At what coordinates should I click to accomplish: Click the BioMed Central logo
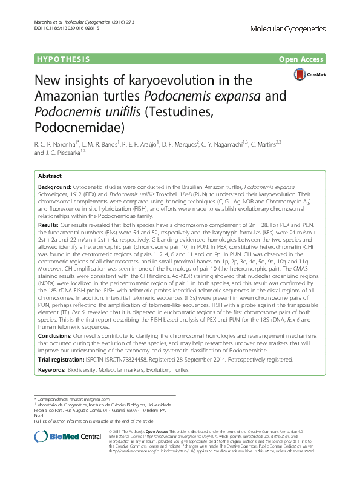59,437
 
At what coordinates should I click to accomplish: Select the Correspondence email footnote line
76,400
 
